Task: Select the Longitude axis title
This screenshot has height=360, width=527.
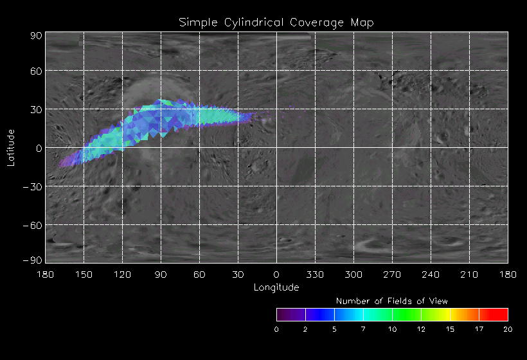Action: coord(276,287)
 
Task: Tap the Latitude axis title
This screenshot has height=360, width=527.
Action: coord(10,147)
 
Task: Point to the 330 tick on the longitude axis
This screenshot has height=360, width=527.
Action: coord(315,274)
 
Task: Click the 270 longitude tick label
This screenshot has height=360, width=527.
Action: coord(392,274)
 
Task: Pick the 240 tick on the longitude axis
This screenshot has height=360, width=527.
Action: coord(431,274)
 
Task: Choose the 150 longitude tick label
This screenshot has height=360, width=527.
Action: coord(84,274)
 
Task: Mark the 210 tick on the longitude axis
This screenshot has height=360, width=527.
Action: coord(469,274)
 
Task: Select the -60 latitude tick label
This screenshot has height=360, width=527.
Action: coord(33,225)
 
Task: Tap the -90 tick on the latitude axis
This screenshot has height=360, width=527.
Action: coord(33,260)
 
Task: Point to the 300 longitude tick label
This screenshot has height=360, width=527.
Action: coord(353,274)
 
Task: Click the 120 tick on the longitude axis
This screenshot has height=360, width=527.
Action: coord(122,274)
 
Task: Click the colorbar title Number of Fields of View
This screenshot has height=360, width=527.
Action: coord(392,301)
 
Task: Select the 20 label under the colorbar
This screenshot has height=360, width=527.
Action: coord(508,330)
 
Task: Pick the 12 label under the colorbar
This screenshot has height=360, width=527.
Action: coord(421,330)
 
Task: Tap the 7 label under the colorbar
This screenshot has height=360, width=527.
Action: coord(363,330)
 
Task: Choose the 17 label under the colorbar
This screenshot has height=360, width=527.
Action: coord(479,330)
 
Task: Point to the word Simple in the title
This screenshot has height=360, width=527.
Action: coord(198,22)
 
